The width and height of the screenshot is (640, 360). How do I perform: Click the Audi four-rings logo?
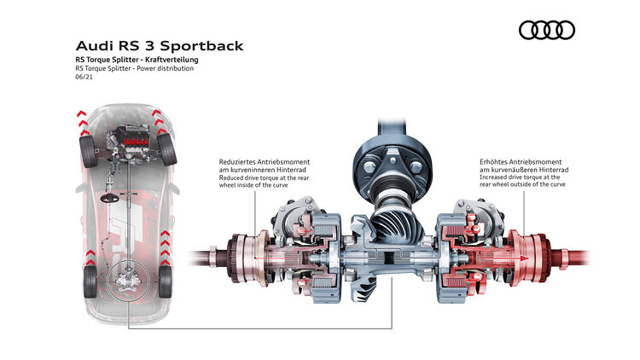pos(547,30)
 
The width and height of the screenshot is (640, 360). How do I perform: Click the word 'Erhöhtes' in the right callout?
pos(497,160)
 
